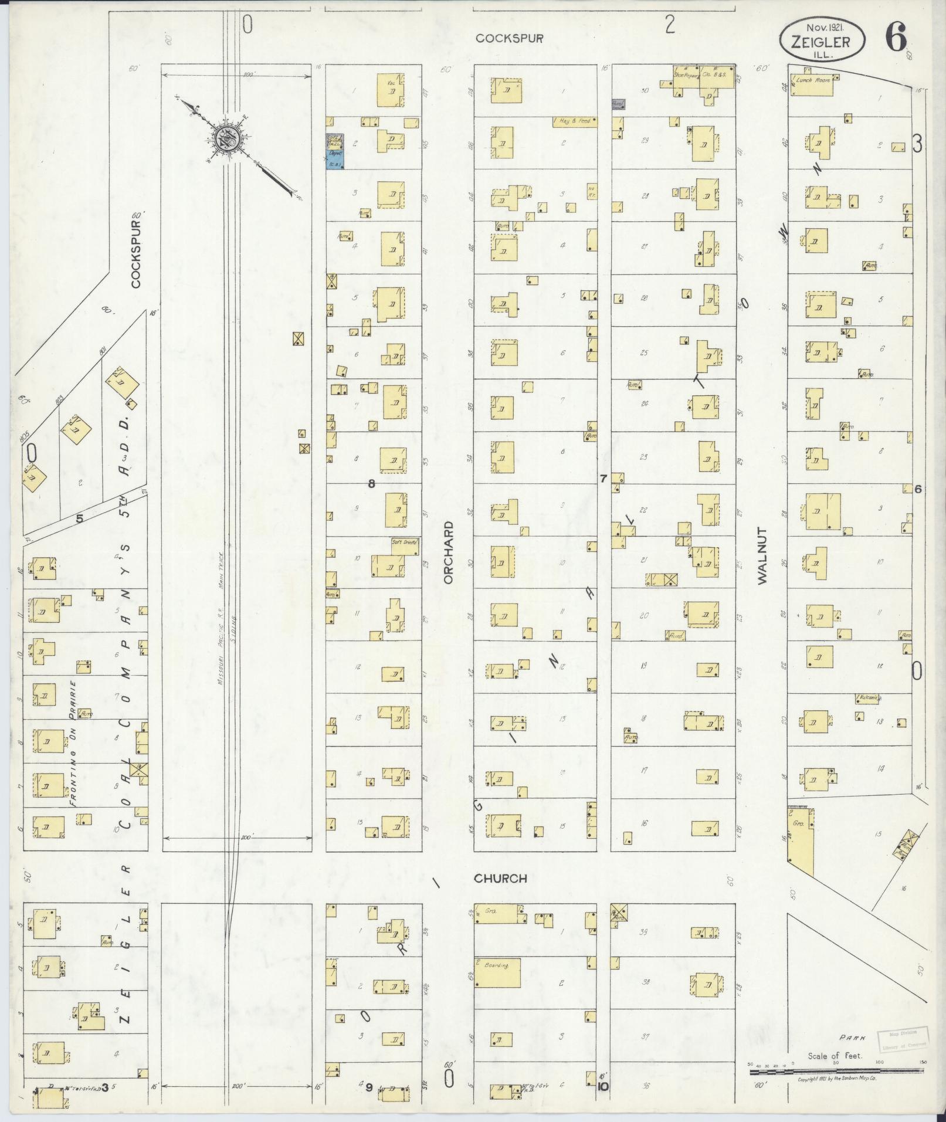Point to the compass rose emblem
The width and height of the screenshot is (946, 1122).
(x=225, y=140)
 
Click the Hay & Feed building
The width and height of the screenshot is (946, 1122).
(x=574, y=122)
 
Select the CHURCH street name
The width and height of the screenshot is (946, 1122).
(x=500, y=878)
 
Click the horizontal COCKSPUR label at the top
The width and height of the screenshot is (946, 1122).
(x=509, y=38)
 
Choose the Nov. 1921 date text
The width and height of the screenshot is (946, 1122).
(x=822, y=27)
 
